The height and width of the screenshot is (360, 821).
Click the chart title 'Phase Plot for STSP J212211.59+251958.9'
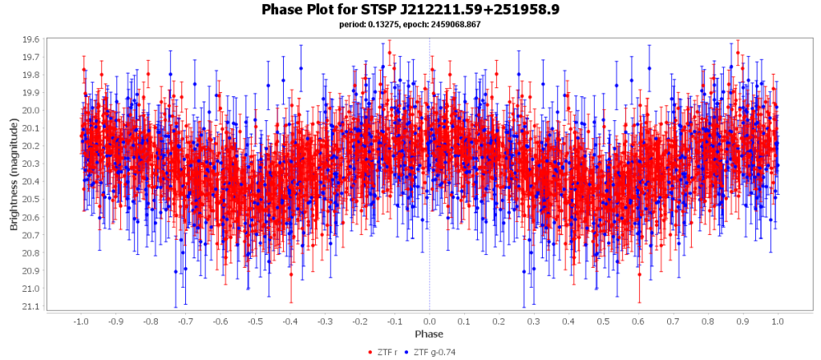410,10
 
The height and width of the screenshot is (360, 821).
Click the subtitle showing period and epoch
410,24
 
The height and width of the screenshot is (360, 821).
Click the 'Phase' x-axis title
429,334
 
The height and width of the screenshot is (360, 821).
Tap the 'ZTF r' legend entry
389,352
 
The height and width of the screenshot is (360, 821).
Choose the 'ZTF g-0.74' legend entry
438,352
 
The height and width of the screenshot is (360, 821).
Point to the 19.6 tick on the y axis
30,39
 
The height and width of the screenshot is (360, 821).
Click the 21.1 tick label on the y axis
30,306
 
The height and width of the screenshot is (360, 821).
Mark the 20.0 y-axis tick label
30,111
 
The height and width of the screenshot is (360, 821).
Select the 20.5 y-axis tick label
30,200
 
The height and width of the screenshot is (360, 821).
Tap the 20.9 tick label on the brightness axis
30,271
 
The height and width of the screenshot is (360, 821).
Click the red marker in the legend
370,352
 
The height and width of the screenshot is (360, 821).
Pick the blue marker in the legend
406,352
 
